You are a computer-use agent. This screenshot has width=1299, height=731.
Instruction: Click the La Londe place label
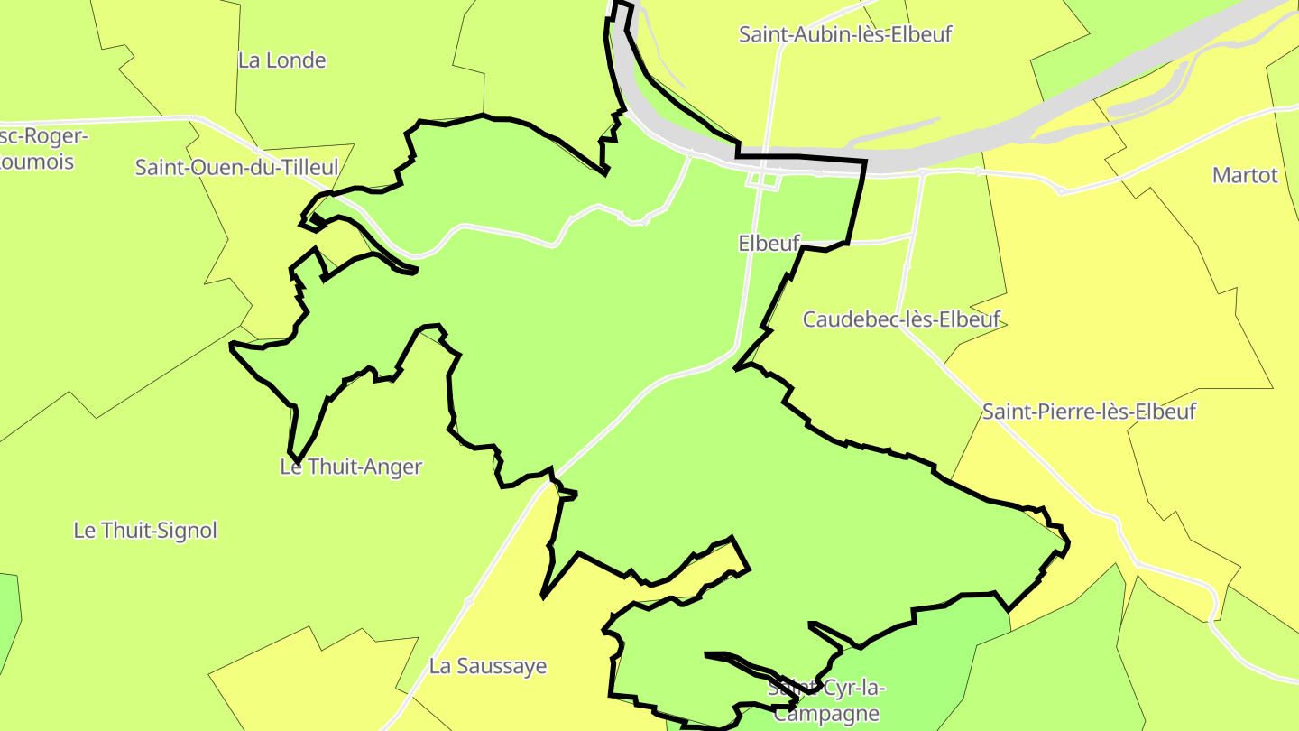coord(281,60)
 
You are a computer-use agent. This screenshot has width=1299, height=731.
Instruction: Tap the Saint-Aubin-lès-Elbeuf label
coord(845,34)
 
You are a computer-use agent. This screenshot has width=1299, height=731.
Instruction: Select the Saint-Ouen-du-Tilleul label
coord(236,167)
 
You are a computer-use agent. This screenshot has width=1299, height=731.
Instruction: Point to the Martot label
coord(1245,175)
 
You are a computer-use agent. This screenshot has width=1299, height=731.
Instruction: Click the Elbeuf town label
coord(769,244)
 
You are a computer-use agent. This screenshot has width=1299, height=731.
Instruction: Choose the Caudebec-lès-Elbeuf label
coord(901,319)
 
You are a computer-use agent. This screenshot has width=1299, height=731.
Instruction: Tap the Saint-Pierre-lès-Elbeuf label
coord(1089,412)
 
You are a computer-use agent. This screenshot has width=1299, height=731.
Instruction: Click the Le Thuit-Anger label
coord(350,467)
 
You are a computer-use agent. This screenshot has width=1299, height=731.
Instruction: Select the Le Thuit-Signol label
coord(145,531)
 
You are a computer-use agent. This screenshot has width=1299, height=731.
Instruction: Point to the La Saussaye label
coord(488,666)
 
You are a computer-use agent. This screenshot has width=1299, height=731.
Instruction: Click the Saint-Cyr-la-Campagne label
coord(826,700)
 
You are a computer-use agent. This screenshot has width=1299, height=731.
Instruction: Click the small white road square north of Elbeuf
coord(763,180)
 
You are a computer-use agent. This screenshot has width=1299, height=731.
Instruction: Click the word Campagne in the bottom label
coord(826,714)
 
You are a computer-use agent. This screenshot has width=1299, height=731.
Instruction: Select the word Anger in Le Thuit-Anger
coord(393,467)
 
